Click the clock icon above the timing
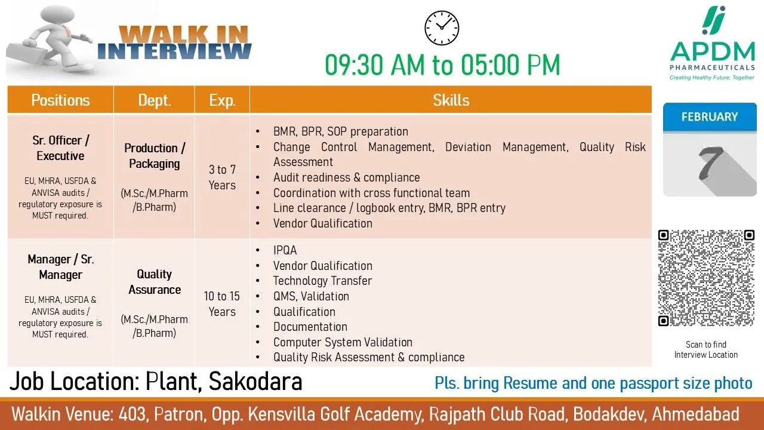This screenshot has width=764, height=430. (442, 28)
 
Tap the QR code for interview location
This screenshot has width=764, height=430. (706, 278)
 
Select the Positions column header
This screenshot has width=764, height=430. (60, 100)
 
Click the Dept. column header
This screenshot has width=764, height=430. (154, 100)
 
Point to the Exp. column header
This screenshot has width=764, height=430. (222, 100)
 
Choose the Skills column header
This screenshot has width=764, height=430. (451, 100)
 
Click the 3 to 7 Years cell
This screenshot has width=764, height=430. (222, 177)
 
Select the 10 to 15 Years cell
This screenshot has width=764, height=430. (222, 304)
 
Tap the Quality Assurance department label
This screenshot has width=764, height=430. (155, 282)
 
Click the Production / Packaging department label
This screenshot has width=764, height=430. (155, 156)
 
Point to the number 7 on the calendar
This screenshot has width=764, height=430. (710, 163)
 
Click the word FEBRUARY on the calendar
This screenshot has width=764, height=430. (710, 116)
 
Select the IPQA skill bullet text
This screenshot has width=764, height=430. (285, 250)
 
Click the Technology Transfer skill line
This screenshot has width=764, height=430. (322, 281)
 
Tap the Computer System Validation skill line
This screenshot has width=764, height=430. (343, 342)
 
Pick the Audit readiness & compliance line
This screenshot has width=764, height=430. (347, 177)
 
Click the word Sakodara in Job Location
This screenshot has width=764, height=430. (255, 381)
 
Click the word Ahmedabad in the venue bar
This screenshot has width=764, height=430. (696, 414)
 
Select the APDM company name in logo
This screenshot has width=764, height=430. (713, 51)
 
